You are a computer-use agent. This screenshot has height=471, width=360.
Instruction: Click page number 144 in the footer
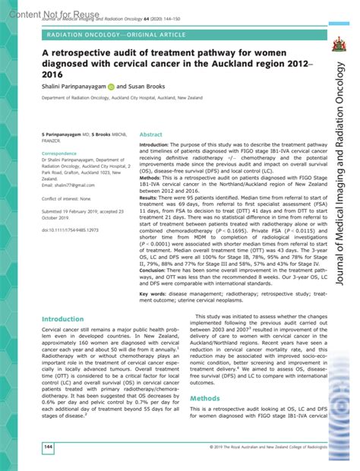pos(27,446)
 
